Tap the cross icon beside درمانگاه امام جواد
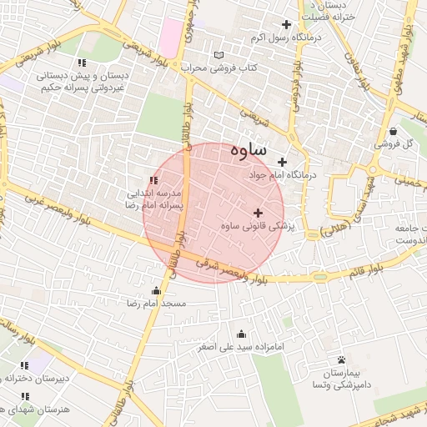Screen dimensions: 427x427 pos(282,162)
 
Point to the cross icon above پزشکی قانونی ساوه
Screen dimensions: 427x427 pos(257,213)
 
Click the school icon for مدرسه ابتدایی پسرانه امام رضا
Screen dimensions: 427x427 pos(153,180)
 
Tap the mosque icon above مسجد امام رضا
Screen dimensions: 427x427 pos(156,290)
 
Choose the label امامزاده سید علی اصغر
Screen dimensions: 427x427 pos(243,346)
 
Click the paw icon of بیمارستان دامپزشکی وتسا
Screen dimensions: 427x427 pos(341,360)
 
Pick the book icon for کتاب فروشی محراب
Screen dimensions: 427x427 pos(219,54)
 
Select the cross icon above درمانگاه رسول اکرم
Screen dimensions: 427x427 pos(287,24)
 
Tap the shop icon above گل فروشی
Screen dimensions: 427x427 pos(392,131)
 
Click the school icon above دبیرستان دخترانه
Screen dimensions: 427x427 pos(24,364)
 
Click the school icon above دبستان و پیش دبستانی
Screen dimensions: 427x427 pos(81,63)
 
